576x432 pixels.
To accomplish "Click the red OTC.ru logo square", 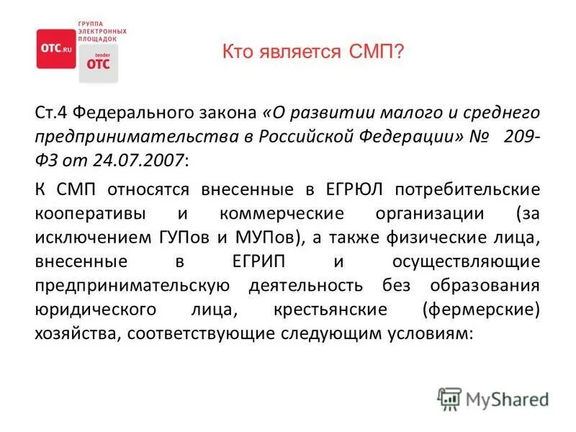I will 55,48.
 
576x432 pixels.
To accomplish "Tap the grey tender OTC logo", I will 98,63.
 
